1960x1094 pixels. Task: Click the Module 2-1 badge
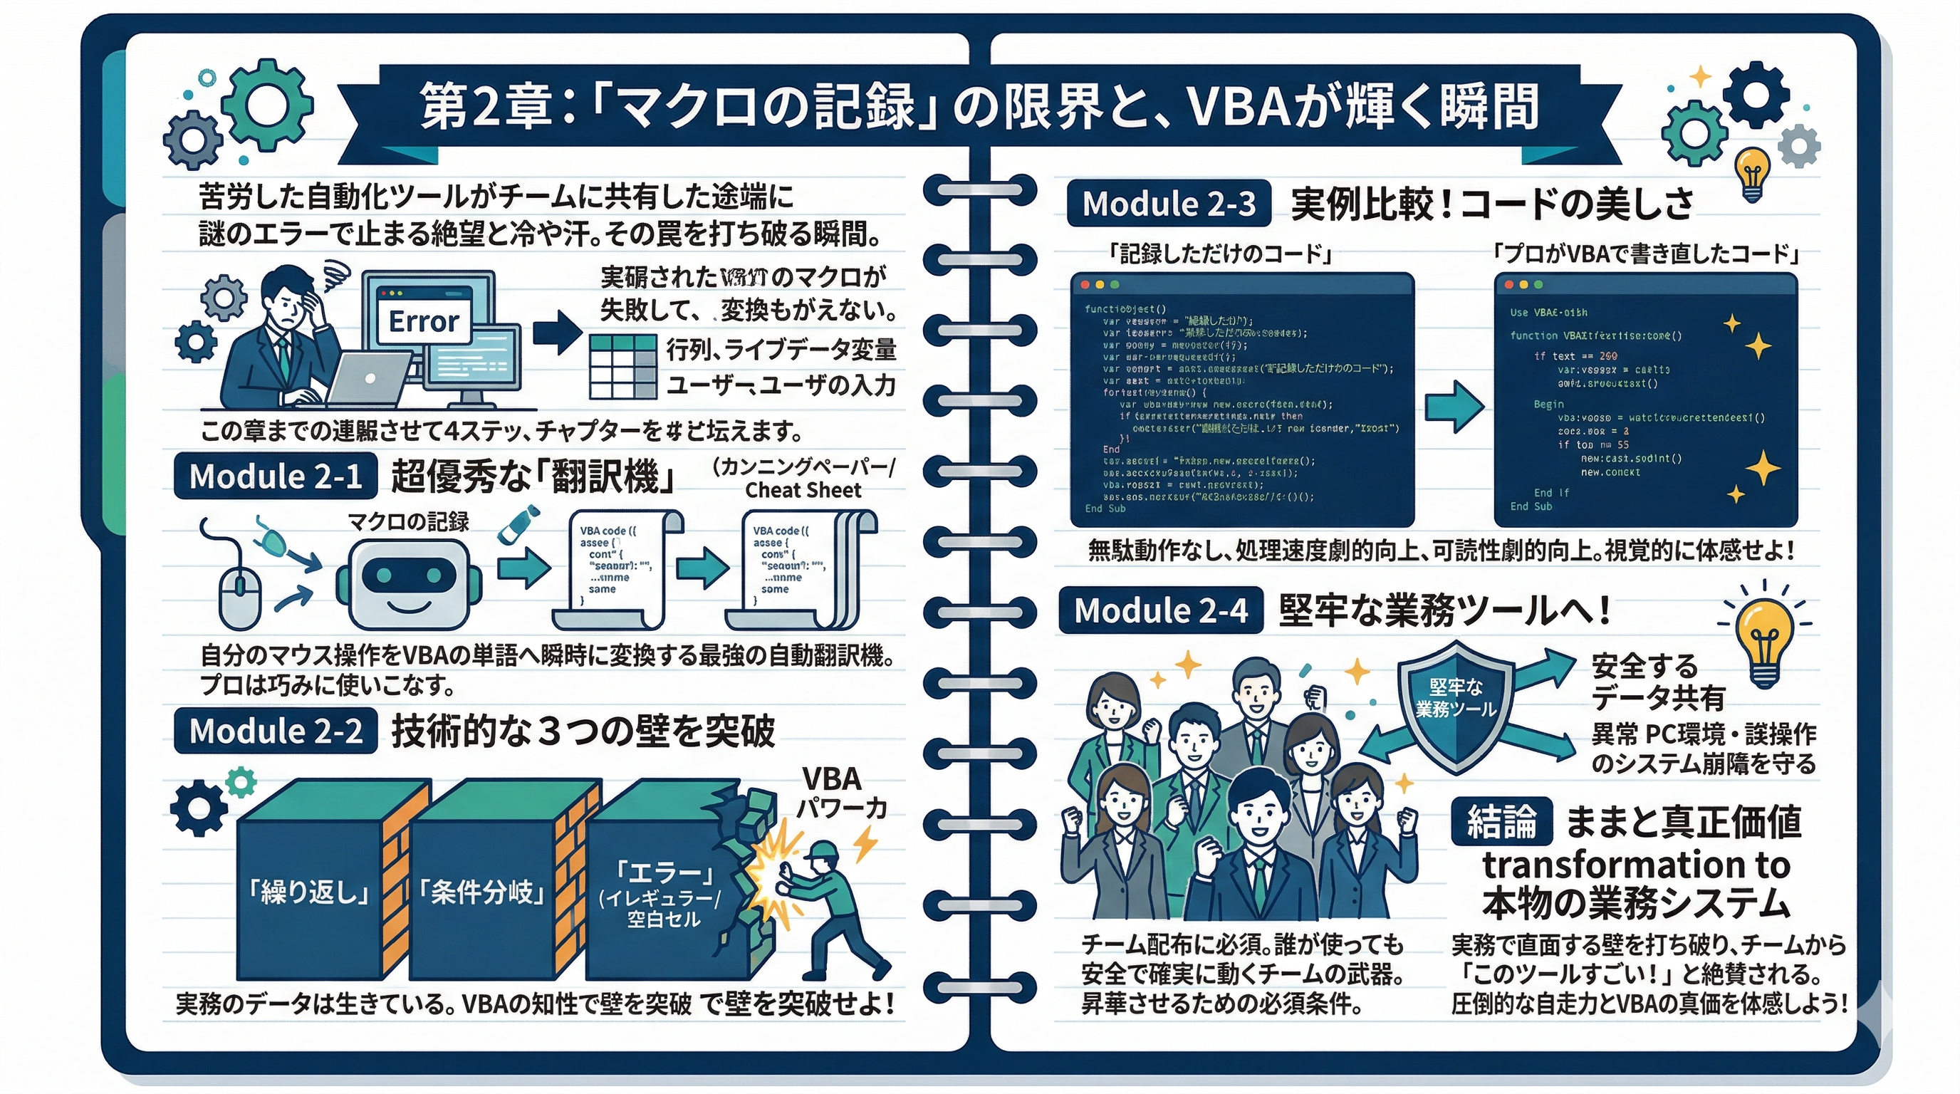pos(276,476)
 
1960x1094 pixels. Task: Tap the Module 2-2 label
pos(276,730)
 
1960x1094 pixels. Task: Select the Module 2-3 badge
pos(1169,203)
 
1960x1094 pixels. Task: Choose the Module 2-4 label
pos(1160,610)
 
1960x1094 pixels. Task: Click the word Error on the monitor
pos(424,321)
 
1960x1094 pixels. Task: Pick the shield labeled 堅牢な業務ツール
pos(1455,704)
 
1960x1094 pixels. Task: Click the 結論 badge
pos(1501,822)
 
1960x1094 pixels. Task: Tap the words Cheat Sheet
pos(803,490)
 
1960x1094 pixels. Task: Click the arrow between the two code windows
pos(1453,407)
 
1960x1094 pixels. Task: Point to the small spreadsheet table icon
pos(623,366)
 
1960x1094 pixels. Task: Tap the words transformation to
pos(1636,864)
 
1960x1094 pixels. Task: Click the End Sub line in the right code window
pos(1531,506)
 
